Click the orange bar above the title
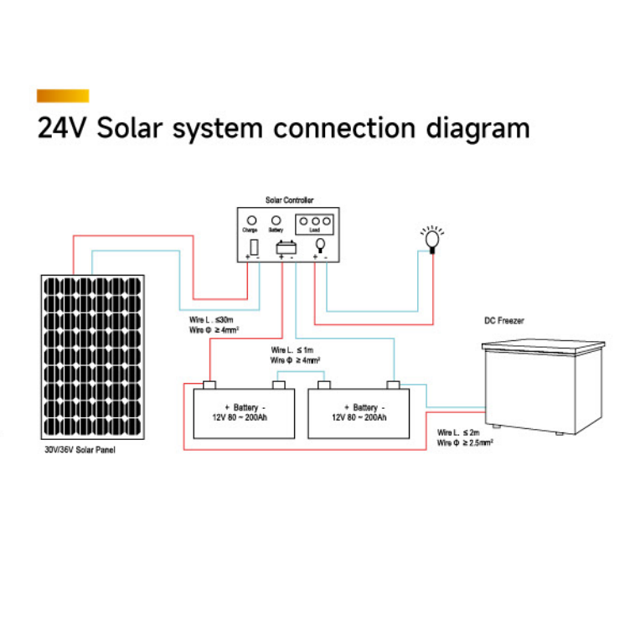click(x=63, y=96)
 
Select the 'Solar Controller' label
click(x=289, y=201)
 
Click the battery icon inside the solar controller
click(x=286, y=247)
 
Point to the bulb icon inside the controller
click(x=319, y=246)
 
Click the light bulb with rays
click(x=432, y=239)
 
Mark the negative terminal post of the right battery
click(x=393, y=385)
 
